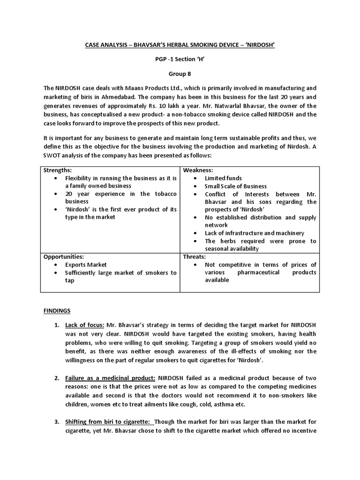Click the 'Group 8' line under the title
[180, 74]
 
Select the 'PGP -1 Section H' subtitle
[180, 59]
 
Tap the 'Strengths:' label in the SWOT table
[58, 170]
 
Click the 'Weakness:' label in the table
[198, 170]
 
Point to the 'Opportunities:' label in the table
[64, 257]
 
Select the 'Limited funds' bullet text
[223, 178]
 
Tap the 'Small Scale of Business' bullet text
[235, 186]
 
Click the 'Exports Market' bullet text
[86, 265]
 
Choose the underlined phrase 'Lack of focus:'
[85, 325]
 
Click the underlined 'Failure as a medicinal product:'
[111, 377]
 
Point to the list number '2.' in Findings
[56, 377]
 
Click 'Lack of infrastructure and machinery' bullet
[255, 233]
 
